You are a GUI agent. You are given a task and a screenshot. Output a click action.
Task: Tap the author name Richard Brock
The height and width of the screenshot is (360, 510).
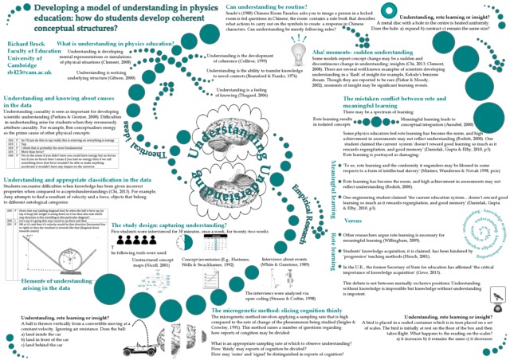tap(29, 45)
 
